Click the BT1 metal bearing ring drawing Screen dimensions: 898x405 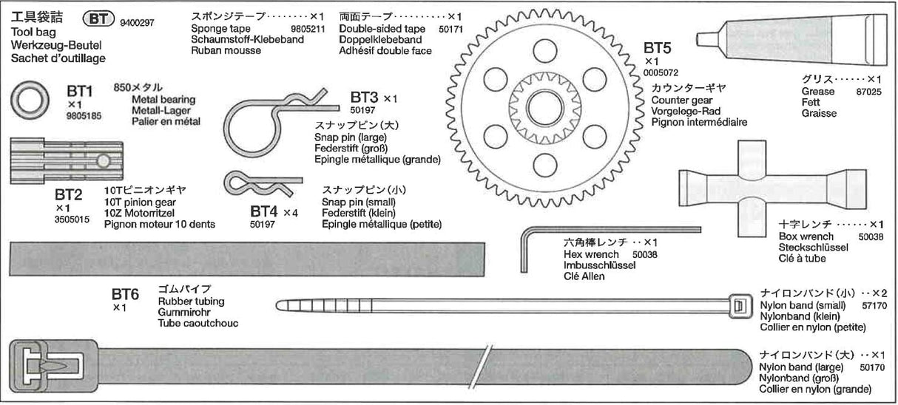(30, 101)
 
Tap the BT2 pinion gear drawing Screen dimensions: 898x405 (67, 161)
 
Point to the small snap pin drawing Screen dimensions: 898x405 (263, 184)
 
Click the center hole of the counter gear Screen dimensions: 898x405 (545, 108)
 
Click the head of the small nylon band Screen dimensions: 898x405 (740, 307)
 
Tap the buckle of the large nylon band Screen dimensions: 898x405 (54, 366)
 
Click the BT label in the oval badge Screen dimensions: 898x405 (98, 18)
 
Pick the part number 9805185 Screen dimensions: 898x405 (84, 116)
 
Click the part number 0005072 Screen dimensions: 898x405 (661, 73)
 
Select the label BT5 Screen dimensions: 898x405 (657, 48)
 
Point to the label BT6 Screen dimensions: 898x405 (125, 294)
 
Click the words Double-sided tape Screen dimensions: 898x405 (382, 29)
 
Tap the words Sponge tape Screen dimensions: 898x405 (220, 29)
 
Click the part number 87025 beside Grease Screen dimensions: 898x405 (868, 92)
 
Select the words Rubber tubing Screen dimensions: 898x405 (192, 302)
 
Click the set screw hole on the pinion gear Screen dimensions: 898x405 (104, 161)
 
